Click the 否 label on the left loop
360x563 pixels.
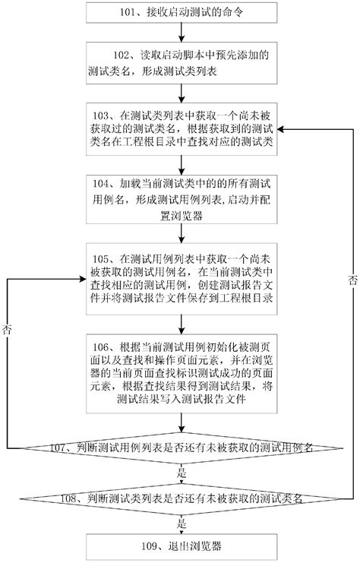pos(8,330)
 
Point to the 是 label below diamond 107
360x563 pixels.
pos(181,472)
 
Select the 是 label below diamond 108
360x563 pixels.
pos(181,523)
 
